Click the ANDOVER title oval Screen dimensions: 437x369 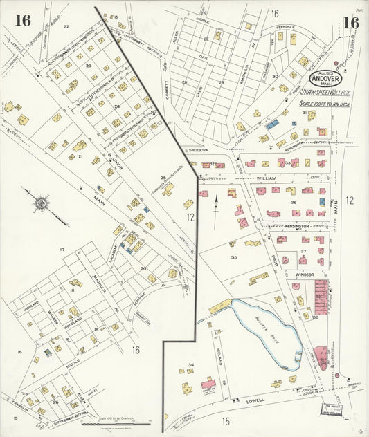(x=323, y=75)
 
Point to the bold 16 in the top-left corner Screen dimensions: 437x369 (x=23, y=21)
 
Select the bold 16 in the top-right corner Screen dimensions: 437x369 (x=350, y=22)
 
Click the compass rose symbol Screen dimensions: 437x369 (x=41, y=203)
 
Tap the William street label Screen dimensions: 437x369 (x=267, y=178)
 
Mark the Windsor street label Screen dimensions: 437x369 (x=305, y=275)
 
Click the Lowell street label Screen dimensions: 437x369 (x=255, y=400)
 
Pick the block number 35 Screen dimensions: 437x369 (x=234, y=257)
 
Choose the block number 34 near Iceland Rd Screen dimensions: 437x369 (x=190, y=364)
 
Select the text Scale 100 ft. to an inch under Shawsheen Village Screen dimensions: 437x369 (x=324, y=104)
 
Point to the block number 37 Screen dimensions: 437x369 (x=303, y=251)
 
